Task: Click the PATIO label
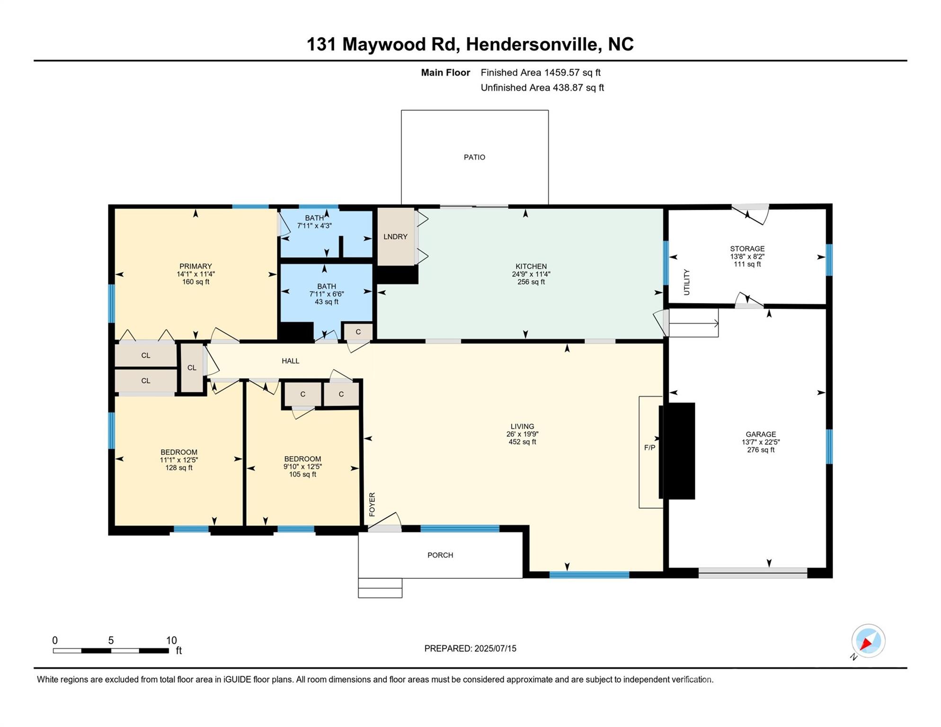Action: [474, 157]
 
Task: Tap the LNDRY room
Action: [395, 237]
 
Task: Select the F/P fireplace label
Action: [649, 447]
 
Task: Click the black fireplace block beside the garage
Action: [678, 451]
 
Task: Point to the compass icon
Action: [868, 641]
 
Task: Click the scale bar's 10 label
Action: [171, 640]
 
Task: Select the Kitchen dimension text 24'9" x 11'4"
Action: [531, 274]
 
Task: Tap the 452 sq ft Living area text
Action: [522, 442]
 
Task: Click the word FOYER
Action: [372, 505]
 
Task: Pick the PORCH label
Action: [440, 555]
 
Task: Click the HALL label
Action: [291, 361]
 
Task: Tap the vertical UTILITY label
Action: [687, 282]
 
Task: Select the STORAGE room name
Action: [747, 249]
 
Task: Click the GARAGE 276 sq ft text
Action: [761, 450]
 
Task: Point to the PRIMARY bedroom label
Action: [195, 266]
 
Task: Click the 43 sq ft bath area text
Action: [327, 302]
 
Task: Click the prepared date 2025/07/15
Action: [492, 648]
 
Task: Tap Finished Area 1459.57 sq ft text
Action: [540, 72]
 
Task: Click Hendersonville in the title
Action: [533, 44]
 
